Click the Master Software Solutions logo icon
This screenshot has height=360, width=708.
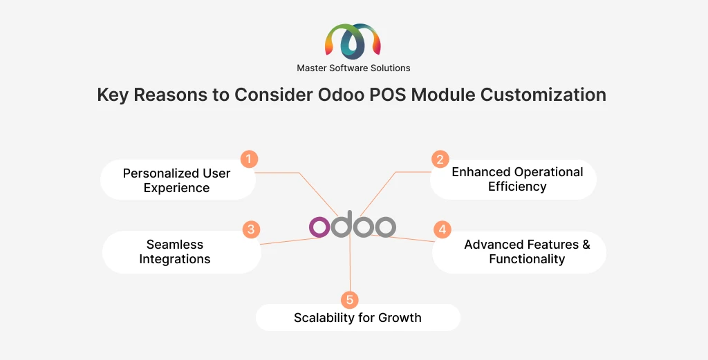pyautogui.click(x=353, y=41)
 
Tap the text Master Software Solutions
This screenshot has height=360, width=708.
pyautogui.click(x=353, y=68)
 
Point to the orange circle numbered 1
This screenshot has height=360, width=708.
pyautogui.click(x=249, y=159)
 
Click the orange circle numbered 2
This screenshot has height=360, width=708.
pyautogui.click(x=439, y=159)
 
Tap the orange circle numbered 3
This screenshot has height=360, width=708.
pyautogui.click(x=250, y=229)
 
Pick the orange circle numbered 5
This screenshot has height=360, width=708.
pyautogui.click(x=350, y=299)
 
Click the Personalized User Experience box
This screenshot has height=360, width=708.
pyautogui.click(x=177, y=180)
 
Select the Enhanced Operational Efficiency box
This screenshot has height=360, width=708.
pyautogui.click(x=516, y=179)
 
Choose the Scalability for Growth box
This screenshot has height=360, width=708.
pyautogui.click(x=357, y=318)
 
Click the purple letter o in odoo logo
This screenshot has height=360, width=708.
pyautogui.click(x=319, y=227)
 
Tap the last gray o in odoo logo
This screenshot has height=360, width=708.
pyautogui.click(x=384, y=227)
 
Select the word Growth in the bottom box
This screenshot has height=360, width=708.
pyautogui.click(x=398, y=318)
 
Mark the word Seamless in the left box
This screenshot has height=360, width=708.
pyautogui.click(x=174, y=245)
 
